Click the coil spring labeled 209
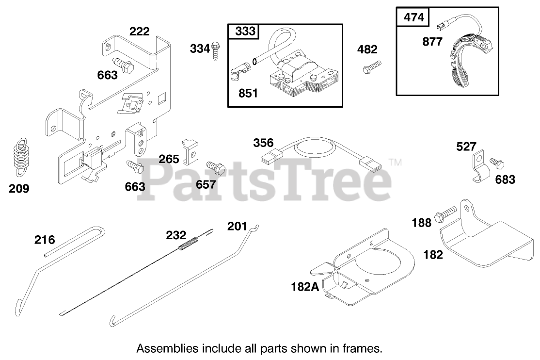(x=19, y=154)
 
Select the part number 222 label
(x=139, y=32)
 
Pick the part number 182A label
(x=305, y=286)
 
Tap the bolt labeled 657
(x=216, y=168)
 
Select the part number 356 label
(x=263, y=143)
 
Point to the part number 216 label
(x=45, y=240)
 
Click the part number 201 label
(x=238, y=226)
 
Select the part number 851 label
(x=248, y=93)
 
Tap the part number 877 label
(x=432, y=42)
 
